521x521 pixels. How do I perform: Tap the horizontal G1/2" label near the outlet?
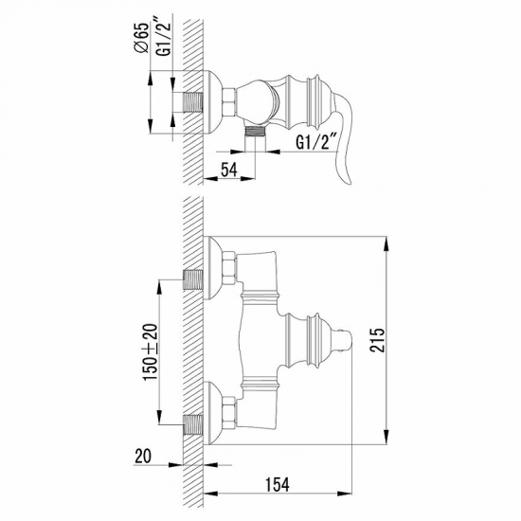point(315,144)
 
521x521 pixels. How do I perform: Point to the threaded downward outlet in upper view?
point(253,133)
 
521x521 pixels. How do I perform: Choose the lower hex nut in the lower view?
point(229,413)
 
